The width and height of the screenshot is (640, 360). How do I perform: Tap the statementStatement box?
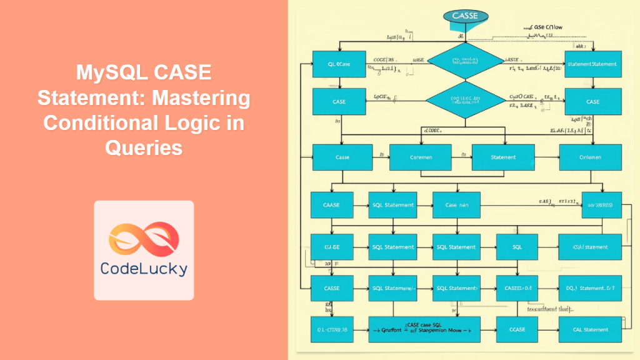coord(592,64)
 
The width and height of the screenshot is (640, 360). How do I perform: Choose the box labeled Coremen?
coord(411,157)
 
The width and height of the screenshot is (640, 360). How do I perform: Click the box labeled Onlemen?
coord(590,157)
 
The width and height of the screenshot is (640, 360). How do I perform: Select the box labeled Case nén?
coord(456,205)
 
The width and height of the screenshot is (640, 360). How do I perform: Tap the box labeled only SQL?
coord(517,247)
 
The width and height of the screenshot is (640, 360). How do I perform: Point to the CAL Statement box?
coord(590,329)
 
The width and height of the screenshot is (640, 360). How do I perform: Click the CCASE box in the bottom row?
coord(517,329)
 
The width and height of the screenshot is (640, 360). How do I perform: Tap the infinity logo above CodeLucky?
coord(144,237)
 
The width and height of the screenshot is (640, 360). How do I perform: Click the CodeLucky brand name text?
coord(144,269)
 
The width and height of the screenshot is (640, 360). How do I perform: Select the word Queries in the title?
coord(144,147)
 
